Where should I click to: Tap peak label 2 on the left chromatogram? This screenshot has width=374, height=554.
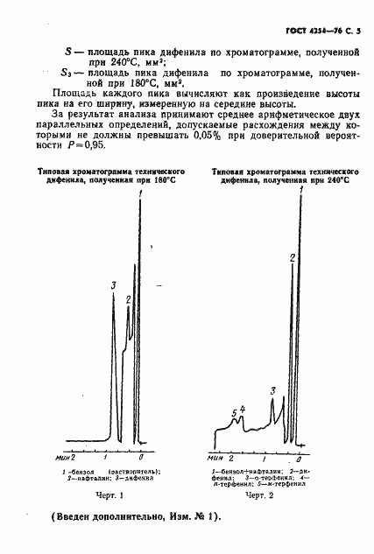tap(129, 300)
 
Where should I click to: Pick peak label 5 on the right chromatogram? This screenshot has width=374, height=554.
tap(234, 413)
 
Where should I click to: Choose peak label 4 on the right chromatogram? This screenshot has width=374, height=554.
tap(242, 409)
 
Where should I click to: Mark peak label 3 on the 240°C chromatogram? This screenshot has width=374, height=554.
tap(273, 390)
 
